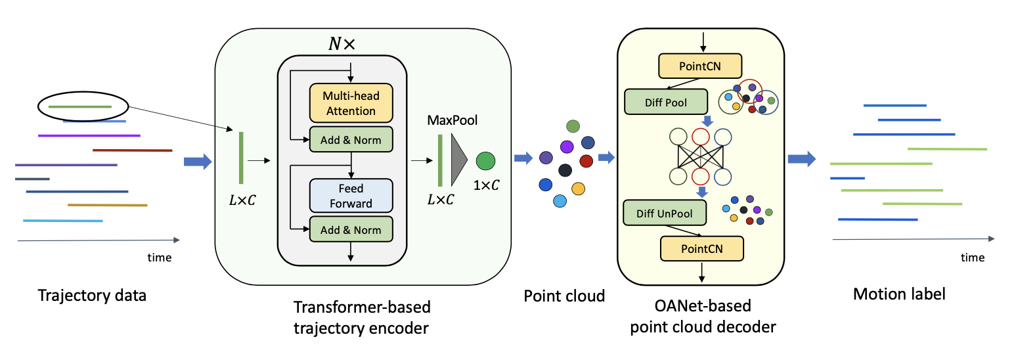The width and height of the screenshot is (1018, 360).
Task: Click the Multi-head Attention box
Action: [351, 103]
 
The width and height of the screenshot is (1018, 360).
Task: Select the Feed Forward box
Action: [351, 196]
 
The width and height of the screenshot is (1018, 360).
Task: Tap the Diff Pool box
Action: [665, 103]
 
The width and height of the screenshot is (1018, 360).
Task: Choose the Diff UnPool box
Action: [665, 213]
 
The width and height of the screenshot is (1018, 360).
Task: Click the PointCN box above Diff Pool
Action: [700, 65]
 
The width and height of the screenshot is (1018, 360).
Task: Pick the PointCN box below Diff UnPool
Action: [702, 248]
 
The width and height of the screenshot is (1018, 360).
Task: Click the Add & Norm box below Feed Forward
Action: [351, 230]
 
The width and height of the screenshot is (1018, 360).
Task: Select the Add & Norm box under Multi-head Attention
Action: [351, 139]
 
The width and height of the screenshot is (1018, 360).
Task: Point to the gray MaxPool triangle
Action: [458, 160]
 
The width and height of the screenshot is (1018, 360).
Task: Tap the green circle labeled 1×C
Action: [485, 160]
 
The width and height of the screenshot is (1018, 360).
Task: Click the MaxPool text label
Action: [453, 120]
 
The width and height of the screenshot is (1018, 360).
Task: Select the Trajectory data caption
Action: [92, 295]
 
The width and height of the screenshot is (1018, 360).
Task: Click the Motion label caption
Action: [899, 294]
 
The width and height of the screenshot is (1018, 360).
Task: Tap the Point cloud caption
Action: [564, 296]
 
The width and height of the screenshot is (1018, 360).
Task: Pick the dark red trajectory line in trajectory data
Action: [132, 150]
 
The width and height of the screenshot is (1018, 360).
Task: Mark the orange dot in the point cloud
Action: [578, 189]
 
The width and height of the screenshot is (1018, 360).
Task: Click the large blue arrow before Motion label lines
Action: [801, 158]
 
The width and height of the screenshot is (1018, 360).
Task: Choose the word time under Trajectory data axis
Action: [159, 258]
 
